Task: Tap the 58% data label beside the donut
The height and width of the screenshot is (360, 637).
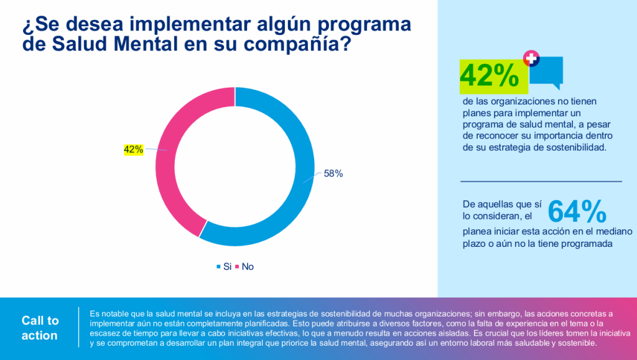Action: (x=333, y=174)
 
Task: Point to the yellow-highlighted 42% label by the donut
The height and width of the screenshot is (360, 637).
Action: (x=134, y=149)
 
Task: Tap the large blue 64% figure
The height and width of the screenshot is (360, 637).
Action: (x=577, y=212)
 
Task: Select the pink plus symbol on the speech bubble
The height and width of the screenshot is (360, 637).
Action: (x=531, y=59)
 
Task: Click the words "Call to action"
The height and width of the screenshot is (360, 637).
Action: (x=40, y=328)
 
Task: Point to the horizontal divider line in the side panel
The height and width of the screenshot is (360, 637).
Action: (x=541, y=182)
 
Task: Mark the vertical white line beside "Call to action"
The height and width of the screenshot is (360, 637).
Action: (x=79, y=328)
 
